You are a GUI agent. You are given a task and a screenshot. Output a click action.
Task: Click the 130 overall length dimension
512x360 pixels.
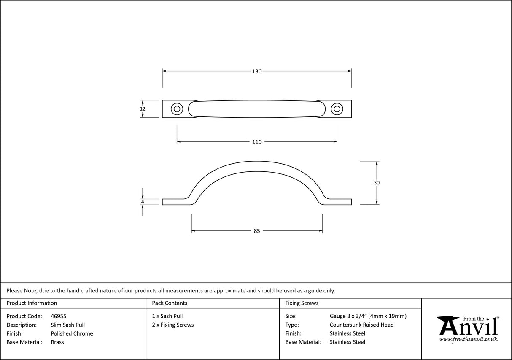point(257,71)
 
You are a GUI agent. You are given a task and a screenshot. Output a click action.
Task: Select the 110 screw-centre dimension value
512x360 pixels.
point(257,142)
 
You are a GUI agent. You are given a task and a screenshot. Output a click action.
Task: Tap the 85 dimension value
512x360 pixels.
point(257,231)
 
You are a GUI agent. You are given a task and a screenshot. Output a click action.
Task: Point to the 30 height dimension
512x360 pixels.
point(377,183)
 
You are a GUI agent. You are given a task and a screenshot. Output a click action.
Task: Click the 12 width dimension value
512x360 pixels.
point(143,109)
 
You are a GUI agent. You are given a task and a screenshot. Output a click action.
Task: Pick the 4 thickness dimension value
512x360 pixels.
point(143,202)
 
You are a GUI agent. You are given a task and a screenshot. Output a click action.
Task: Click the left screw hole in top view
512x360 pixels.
point(176,109)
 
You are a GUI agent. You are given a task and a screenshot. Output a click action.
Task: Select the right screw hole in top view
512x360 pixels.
point(337,109)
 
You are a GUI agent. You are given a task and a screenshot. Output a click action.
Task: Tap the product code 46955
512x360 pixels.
point(58,316)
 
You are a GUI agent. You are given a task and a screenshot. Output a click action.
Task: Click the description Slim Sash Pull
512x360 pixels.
point(67,325)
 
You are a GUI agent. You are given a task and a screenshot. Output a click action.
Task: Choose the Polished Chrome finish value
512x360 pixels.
point(72,333)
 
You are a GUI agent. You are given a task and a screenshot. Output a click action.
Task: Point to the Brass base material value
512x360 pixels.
point(57,342)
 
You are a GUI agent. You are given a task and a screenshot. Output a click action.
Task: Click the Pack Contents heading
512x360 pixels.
point(170,303)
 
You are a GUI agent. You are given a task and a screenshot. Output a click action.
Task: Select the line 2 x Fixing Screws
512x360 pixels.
point(173,325)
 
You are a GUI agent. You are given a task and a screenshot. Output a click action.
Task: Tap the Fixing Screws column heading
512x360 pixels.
point(302,303)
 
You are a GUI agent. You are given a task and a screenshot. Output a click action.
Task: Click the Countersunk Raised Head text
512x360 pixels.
point(361,325)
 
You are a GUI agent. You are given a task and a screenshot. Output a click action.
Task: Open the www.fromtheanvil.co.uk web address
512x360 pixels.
point(468,339)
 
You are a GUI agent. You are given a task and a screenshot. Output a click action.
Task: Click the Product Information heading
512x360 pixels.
point(32,303)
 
